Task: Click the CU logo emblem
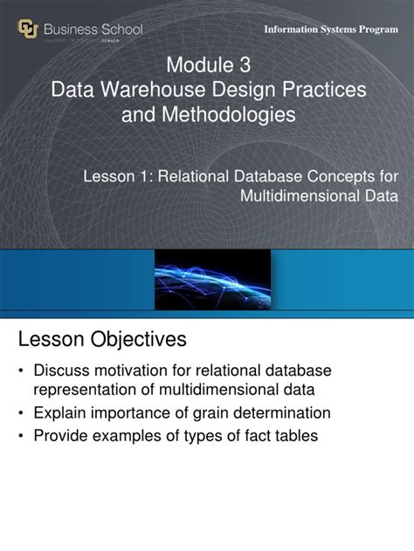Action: (29, 31)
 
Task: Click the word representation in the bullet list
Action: (86, 391)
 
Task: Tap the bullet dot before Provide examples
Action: (21, 435)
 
